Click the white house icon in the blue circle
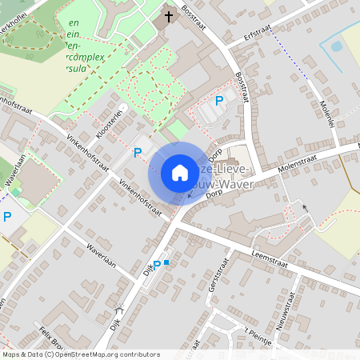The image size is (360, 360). (x=180, y=173)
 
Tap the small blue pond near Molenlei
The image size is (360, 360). (x=335, y=46)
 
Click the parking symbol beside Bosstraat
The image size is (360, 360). (x=219, y=100)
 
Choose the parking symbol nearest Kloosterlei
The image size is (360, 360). (x=137, y=151)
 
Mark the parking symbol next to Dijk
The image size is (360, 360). (x=157, y=264)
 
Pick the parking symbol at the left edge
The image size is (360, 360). (x=7, y=216)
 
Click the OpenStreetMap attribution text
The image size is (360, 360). (x=80, y=354)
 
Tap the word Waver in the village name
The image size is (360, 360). (x=237, y=185)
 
